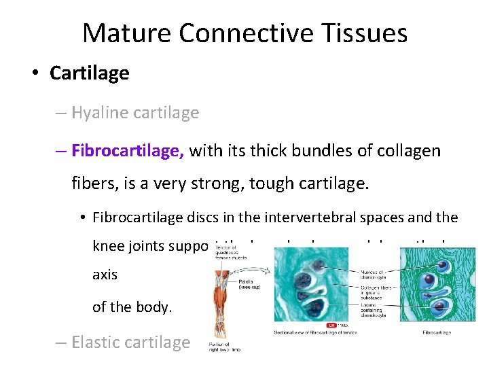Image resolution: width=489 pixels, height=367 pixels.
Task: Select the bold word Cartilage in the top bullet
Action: [x=89, y=73]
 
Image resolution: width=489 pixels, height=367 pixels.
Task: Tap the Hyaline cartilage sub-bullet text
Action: [x=134, y=113]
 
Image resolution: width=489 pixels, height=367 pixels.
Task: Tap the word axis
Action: [x=105, y=275]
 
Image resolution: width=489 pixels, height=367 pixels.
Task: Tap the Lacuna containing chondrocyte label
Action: [x=374, y=312]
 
